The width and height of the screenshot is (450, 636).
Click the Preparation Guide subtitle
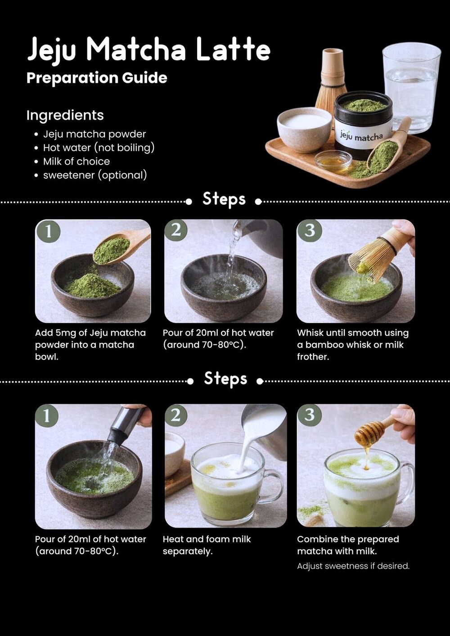97,78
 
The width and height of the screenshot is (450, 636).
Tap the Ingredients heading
65,115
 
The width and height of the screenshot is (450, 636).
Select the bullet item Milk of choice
76,161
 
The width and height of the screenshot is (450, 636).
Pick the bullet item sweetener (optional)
95,175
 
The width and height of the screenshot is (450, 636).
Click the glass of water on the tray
411,88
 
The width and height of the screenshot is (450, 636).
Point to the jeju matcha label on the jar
362,136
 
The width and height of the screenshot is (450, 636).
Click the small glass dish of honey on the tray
333,161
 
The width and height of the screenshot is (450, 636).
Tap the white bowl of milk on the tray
304,129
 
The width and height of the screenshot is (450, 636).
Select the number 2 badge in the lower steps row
176,415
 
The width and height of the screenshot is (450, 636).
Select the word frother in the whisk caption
313,357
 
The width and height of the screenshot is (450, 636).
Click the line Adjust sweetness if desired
353,566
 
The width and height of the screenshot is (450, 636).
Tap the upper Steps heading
224,199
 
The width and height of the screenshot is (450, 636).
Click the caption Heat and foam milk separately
207,546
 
